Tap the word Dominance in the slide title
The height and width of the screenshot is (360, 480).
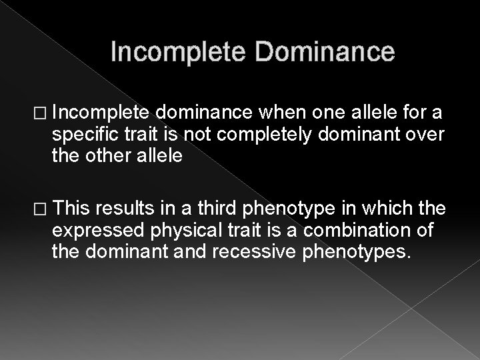coord(317,52)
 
